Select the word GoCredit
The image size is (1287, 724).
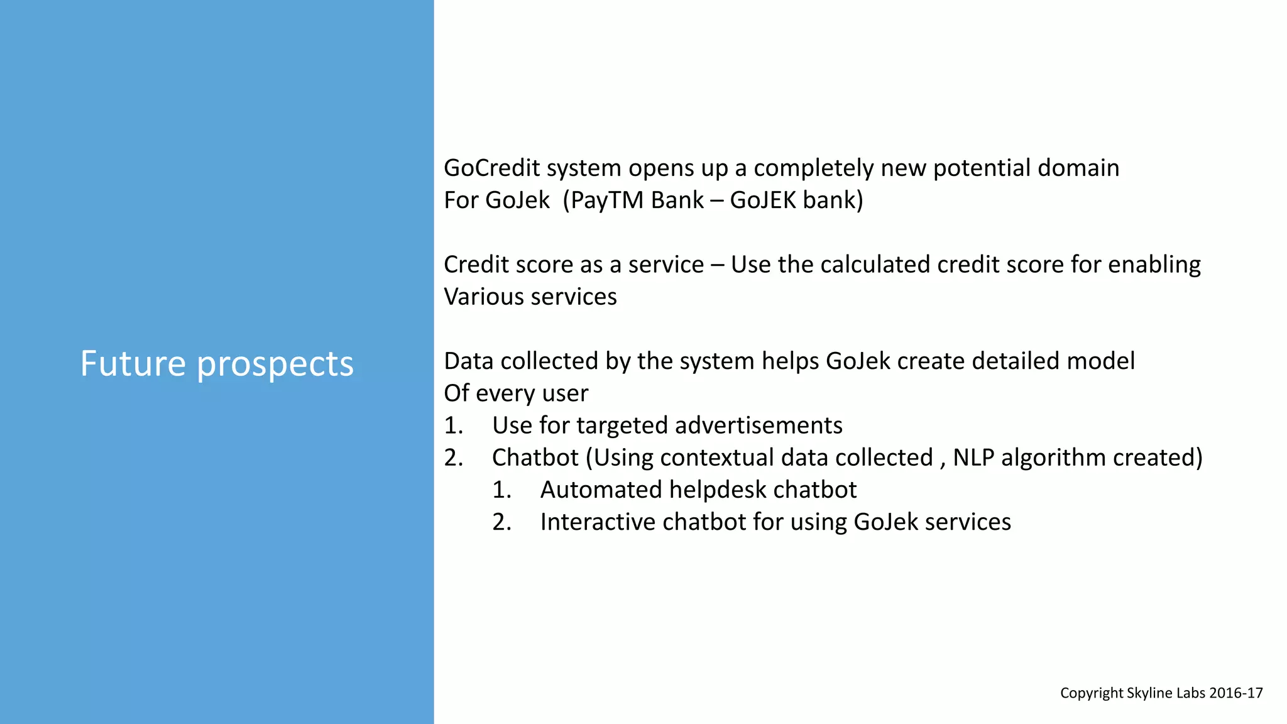click(492, 168)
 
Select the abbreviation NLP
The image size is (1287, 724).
click(973, 458)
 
